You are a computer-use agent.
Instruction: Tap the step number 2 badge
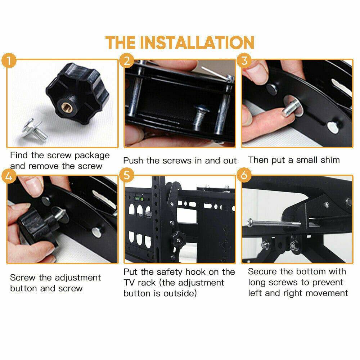(x=126, y=60)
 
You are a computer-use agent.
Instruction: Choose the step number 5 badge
(x=126, y=176)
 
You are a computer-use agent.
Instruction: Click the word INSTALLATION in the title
(x=197, y=42)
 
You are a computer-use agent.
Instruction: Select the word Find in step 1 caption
(x=18, y=156)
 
